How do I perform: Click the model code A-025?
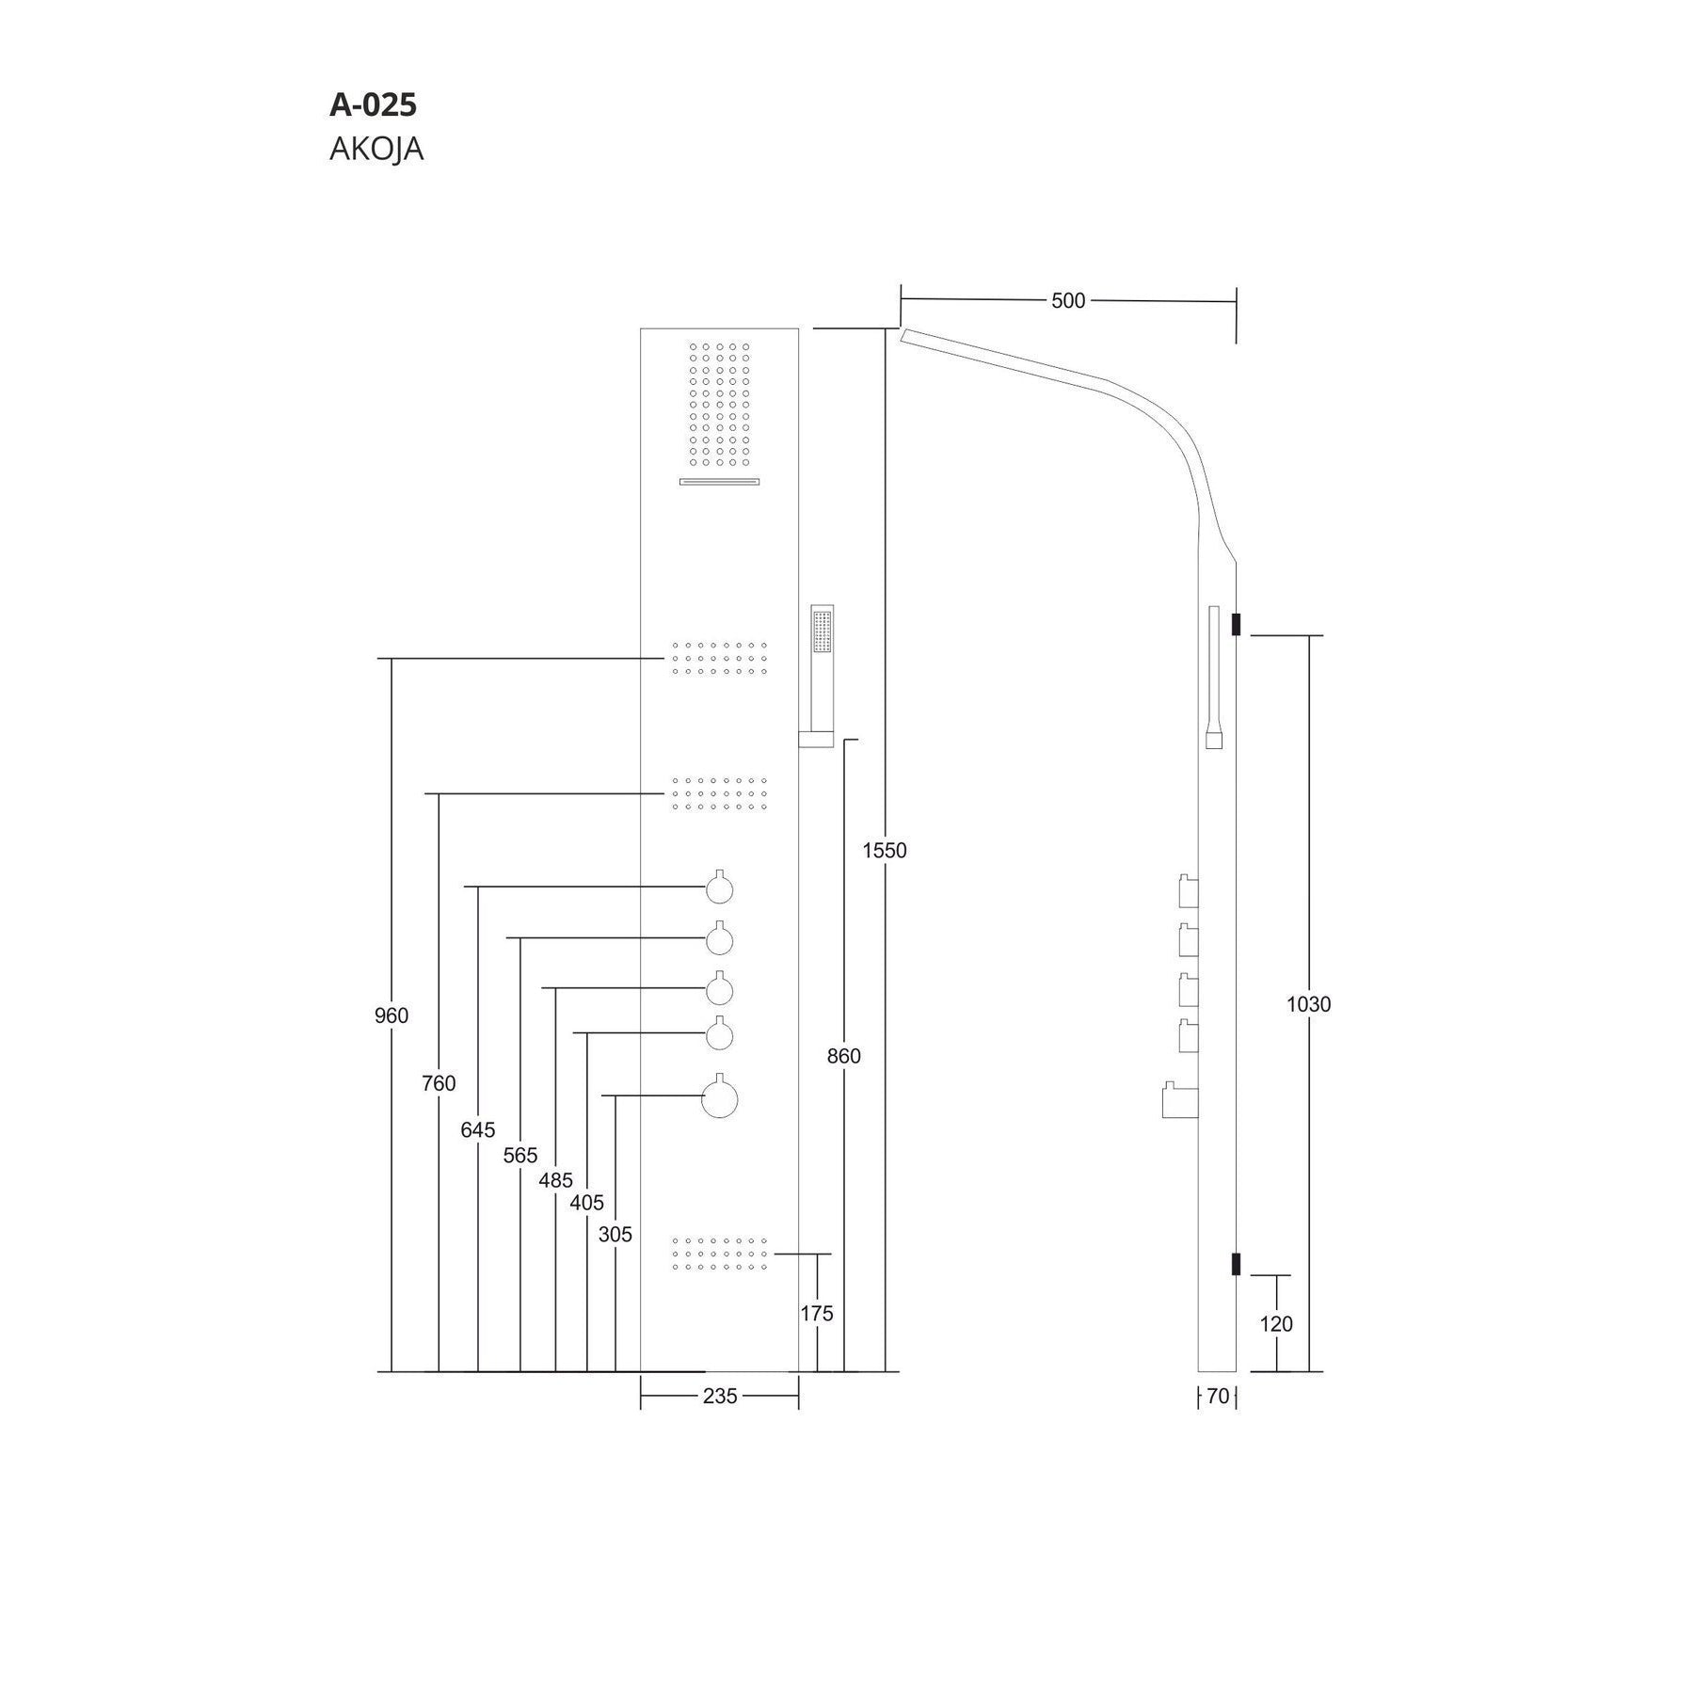click(x=373, y=104)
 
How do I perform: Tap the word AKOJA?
click(x=376, y=149)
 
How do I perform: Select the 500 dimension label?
click(x=1068, y=300)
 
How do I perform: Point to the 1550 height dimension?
click(x=885, y=850)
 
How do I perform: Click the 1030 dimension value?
click(x=1309, y=1004)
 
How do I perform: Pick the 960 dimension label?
click(x=392, y=1015)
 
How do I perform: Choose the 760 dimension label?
click(x=439, y=1083)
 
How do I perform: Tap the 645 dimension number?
click(x=478, y=1129)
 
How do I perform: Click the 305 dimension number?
click(x=615, y=1234)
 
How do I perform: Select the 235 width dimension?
click(x=720, y=1397)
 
